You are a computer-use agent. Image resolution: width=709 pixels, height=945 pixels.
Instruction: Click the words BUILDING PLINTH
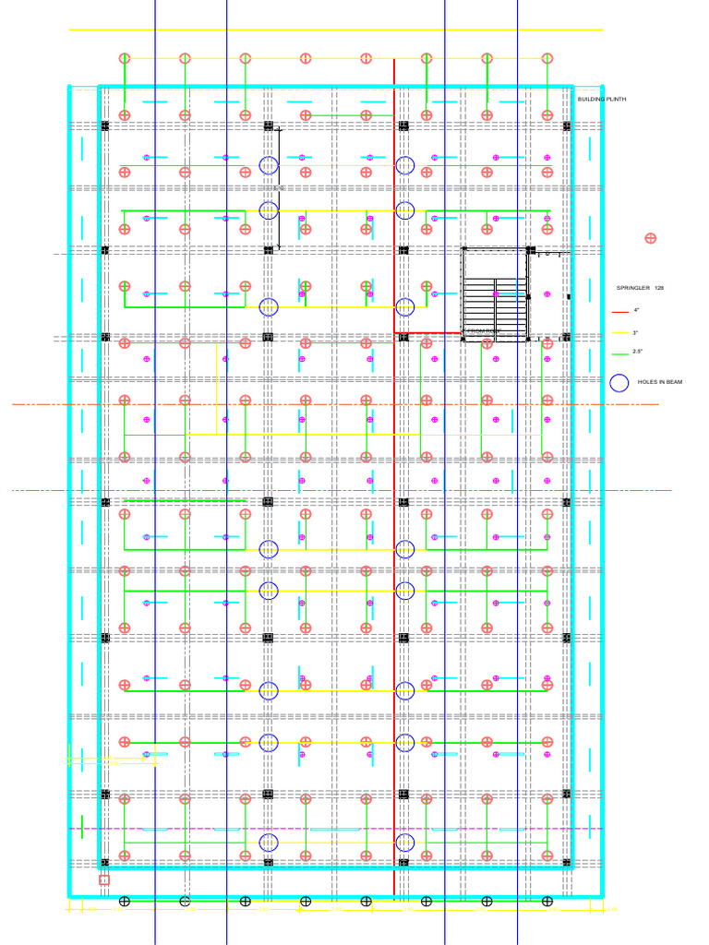click(x=602, y=99)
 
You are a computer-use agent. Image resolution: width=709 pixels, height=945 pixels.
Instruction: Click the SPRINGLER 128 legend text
click(x=640, y=289)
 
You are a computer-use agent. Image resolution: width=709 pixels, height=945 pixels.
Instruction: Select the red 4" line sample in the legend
click(x=619, y=311)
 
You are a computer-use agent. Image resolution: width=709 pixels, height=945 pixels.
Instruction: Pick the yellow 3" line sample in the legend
click(x=619, y=332)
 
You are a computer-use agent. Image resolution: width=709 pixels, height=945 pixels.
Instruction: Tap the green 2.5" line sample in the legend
click(x=619, y=353)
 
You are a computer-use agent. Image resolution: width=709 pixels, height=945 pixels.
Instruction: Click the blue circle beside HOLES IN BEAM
click(x=619, y=382)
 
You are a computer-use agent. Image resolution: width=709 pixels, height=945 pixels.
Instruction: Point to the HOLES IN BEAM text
click(x=660, y=382)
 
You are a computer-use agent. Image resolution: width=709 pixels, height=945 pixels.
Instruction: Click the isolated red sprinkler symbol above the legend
click(x=650, y=238)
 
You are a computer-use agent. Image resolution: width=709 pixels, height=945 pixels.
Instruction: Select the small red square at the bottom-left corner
click(x=104, y=880)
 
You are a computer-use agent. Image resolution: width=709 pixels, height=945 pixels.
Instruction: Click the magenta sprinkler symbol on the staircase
click(x=496, y=293)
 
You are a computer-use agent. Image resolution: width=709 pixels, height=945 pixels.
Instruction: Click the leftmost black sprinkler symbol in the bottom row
click(x=125, y=901)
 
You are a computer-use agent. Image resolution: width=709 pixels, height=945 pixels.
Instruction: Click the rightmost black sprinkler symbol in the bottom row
click(x=547, y=901)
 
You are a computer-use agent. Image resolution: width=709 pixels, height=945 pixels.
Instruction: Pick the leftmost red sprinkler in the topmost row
click(x=125, y=59)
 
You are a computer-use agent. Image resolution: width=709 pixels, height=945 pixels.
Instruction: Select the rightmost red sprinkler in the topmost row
click(x=547, y=59)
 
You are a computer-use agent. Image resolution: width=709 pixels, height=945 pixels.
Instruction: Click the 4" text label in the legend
click(x=636, y=311)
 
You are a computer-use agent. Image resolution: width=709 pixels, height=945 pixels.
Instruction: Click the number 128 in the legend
click(x=659, y=289)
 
